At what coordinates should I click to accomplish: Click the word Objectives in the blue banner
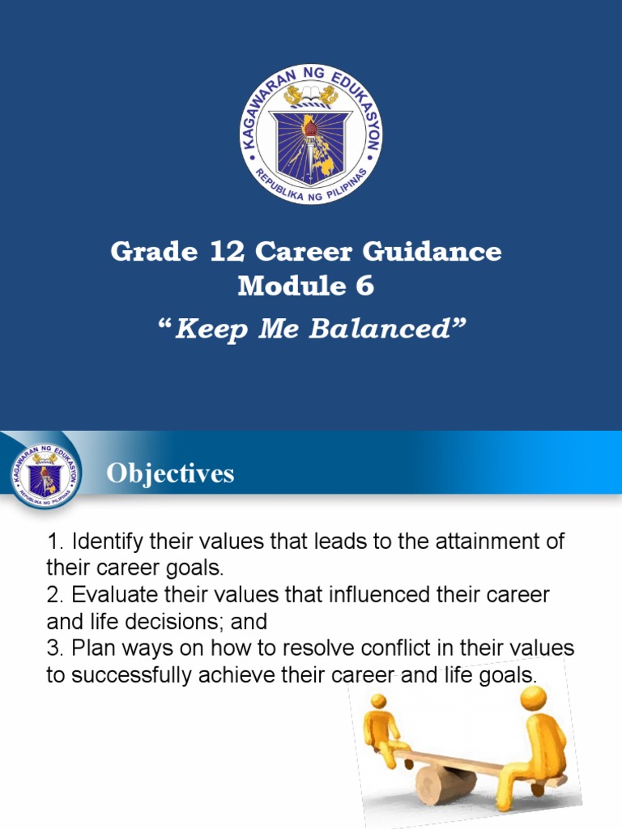pos(170,474)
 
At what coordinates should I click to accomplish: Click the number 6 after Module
pos(364,286)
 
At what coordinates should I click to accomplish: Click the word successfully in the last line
pos(128,675)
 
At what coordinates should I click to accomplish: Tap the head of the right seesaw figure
pos(534,698)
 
